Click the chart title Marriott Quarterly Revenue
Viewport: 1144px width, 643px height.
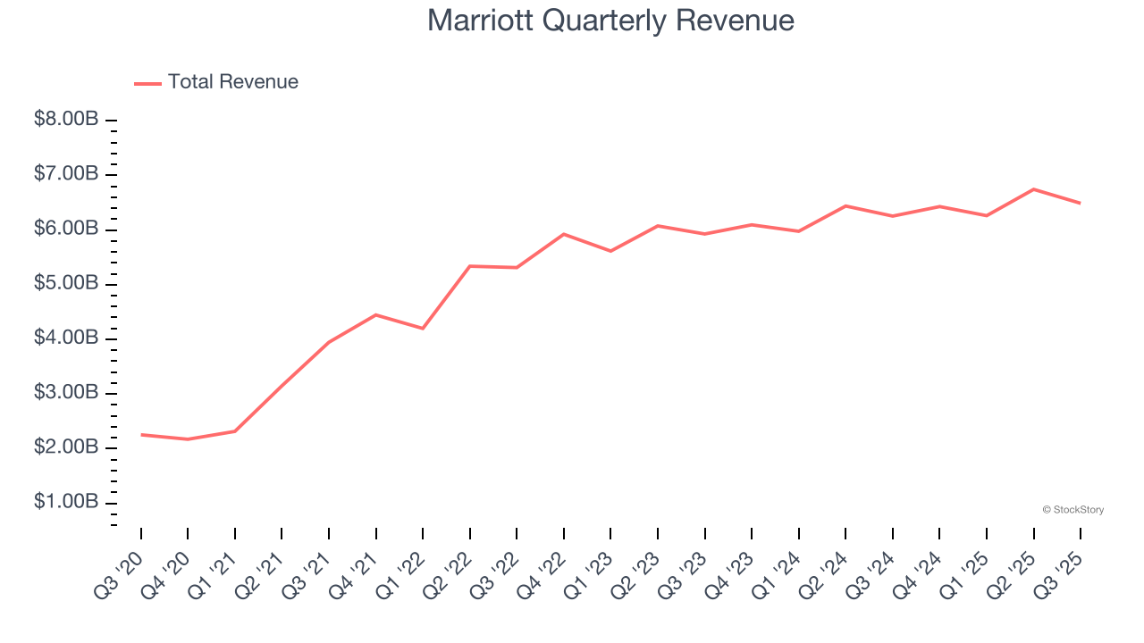click(610, 21)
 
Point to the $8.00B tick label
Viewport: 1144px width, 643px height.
click(66, 119)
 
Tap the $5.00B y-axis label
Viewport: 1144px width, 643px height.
click(66, 283)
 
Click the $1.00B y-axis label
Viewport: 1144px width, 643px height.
click(66, 502)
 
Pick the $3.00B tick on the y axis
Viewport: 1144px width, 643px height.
click(66, 393)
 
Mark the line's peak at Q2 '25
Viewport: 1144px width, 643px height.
click(1034, 189)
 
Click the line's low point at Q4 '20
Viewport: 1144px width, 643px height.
click(188, 439)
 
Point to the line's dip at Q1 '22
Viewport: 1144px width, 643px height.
click(423, 329)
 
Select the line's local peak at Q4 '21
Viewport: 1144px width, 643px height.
click(376, 314)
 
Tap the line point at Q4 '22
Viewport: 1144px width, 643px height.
click(564, 234)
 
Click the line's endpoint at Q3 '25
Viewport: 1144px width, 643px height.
click(1081, 204)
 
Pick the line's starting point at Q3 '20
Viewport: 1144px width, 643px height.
click(141, 435)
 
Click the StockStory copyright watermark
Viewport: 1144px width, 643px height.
click(1072, 510)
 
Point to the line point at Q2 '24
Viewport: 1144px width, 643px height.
click(845, 206)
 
